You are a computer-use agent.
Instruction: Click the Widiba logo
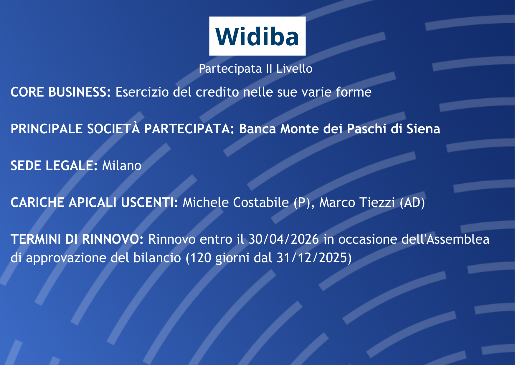[x=257, y=36]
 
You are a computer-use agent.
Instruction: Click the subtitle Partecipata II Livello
[x=255, y=69]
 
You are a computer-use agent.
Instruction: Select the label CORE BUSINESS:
[x=61, y=92]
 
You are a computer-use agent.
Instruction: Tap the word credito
[x=217, y=92]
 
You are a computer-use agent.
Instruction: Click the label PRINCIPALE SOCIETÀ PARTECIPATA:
[x=123, y=129]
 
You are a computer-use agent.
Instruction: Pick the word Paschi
[x=367, y=129]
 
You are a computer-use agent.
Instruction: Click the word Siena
[x=423, y=129]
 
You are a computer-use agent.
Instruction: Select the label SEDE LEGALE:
[x=54, y=166]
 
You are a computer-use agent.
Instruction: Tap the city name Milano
[x=122, y=166]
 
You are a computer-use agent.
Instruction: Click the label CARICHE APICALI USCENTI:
[x=94, y=203]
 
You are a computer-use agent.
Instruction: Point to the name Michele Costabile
[x=236, y=203]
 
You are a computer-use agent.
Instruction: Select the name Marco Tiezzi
[x=357, y=203]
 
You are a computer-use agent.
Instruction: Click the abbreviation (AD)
[x=412, y=203]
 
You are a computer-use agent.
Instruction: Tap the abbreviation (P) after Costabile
[x=302, y=203]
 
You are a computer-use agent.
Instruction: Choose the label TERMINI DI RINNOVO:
[x=77, y=239]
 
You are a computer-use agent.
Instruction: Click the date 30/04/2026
[x=284, y=239]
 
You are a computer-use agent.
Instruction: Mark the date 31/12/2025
[x=312, y=258]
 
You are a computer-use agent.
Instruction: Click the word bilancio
[x=157, y=258]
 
